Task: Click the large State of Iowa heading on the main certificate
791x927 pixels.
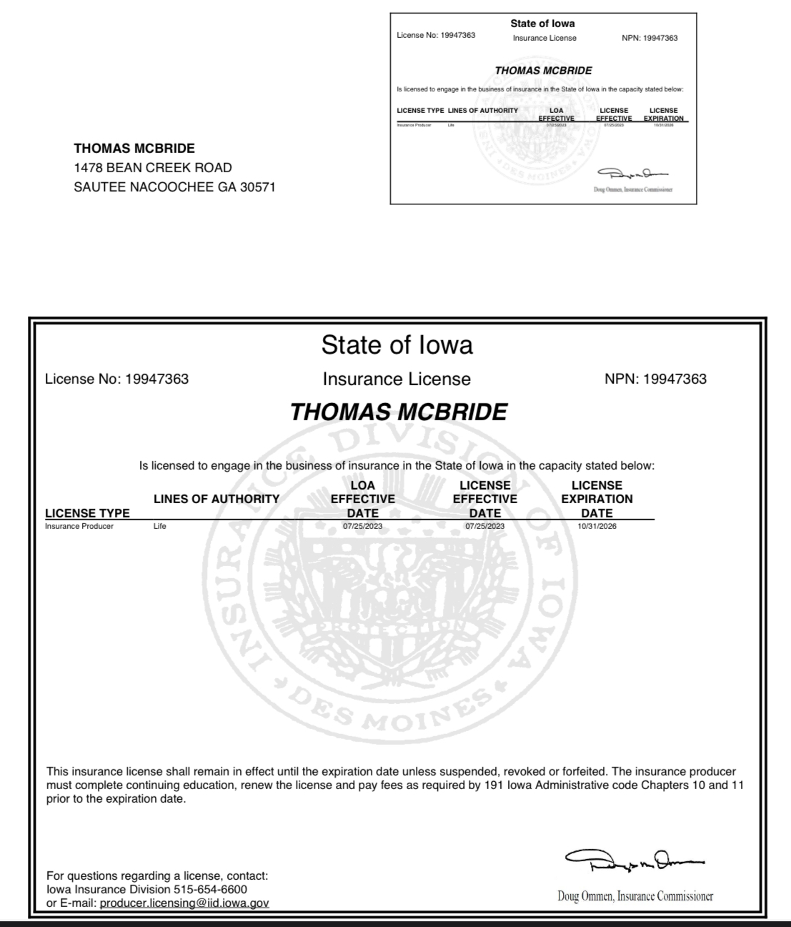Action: pyautogui.click(x=397, y=345)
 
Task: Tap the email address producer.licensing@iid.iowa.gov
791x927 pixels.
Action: pyautogui.click(x=184, y=903)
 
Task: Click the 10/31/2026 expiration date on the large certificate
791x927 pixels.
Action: pyautogui.click(x=597, y=526)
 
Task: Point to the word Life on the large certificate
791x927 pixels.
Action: pyautogui.click(x=159, y=526)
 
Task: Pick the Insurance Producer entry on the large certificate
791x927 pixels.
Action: pyautogui.click(x=79, y=526)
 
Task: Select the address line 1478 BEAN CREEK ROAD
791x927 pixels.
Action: pyautogui.click(x=153, y=168)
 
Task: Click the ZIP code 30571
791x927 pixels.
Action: pyautogui.click(x=255, y=187)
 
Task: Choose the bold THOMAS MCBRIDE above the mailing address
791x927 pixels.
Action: pyautogui.click(x=134, y=149)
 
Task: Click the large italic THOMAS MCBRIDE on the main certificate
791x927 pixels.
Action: pyautogui.click(x=399, y=412)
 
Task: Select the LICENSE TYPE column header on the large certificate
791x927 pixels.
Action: pyautogui.click(x=87, y=512)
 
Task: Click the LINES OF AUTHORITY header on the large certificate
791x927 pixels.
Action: pyautogui.click(x=217, y=499)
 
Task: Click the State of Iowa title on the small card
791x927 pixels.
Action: pyautogui.click(x=542, y=24)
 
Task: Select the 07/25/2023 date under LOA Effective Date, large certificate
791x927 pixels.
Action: pyautogui.click(x=362, y=526)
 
